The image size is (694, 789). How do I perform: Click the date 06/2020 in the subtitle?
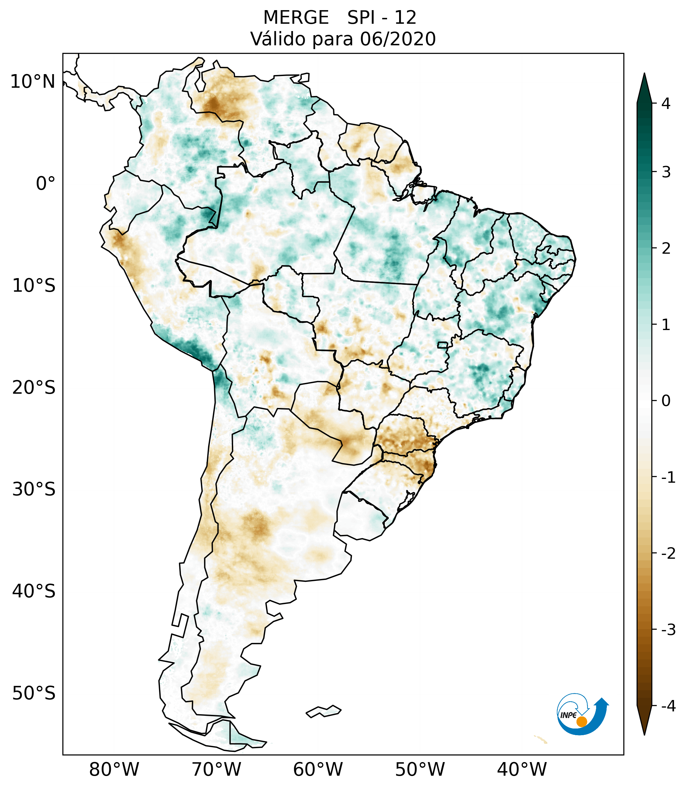(x=398, y=39)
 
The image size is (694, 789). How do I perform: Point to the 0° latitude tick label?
(x=46, y=184)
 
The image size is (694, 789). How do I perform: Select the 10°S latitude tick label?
(x=34, y=286)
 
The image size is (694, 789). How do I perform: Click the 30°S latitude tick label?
(x=34, y=489)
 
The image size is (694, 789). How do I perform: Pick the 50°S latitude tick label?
(x=34, y=694)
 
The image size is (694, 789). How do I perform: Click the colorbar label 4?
(x=666, y=104)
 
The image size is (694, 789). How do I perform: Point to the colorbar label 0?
(x=666, y=401)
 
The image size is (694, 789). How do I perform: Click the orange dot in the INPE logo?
(x=581, y=722)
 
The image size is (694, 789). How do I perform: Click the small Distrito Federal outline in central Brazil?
(x=442, y=344)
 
